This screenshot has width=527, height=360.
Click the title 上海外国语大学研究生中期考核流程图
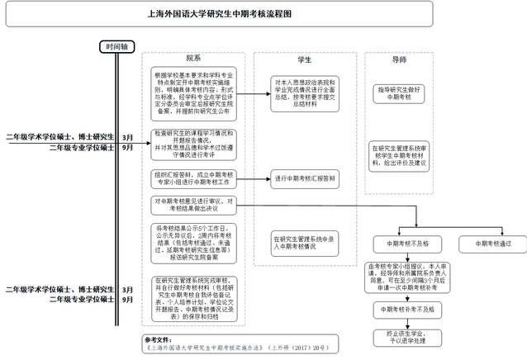(x=263, y=13)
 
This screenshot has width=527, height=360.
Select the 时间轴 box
(x=116, y=47)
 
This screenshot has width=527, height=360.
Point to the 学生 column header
(x=304, y=59)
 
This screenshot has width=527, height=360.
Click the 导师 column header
(x=399, y=59)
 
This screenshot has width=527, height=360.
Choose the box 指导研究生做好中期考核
(x=399, y=92)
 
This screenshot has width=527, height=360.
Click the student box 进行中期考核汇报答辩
(x=304, y=178)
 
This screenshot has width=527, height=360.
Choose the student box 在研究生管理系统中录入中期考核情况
(x=304, y=242)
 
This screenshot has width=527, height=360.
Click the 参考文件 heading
(x=156, y=338)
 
